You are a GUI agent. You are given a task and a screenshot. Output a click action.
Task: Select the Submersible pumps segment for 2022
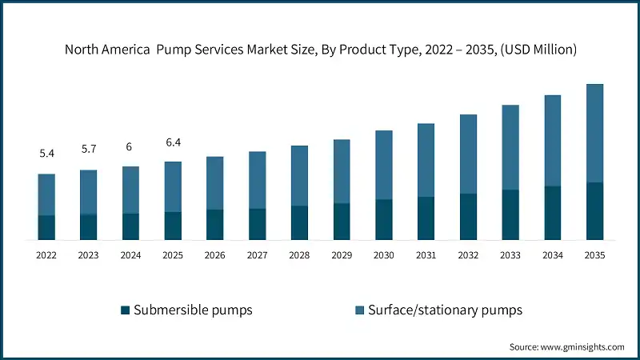click(46, 227)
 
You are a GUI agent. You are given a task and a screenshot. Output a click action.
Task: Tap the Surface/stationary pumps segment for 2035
click(594, 133)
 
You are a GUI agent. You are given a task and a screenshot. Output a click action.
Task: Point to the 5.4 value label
click(46, 153)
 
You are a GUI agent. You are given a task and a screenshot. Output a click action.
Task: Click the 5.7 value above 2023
click(89, 149)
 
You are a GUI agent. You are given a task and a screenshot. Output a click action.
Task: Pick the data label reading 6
click(130, 147)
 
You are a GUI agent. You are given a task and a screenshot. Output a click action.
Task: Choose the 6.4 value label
click(173, 142)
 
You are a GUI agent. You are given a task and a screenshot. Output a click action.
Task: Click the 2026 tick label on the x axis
click(215, 255)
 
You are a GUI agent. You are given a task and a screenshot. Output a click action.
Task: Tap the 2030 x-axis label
click(384, 255)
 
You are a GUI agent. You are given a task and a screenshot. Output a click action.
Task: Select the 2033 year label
click(510, 255)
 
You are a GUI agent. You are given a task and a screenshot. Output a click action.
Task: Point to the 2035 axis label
click(594, 255)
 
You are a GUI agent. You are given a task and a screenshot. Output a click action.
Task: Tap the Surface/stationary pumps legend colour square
click(359, 310)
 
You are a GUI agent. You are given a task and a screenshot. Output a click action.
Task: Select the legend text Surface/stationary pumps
click(446, 310)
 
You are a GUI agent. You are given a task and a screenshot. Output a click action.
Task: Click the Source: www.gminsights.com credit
click(566, 347)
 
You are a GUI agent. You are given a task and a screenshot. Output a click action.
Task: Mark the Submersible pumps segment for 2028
click(299, 222)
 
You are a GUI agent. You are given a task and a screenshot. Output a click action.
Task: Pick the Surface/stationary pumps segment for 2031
click(426, 160)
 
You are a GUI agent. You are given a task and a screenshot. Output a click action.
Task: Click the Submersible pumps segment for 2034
click(553, 213)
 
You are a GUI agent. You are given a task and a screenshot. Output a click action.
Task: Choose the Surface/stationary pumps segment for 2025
click(173, 186)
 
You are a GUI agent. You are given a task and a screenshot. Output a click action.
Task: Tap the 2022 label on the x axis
click(46, 255)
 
